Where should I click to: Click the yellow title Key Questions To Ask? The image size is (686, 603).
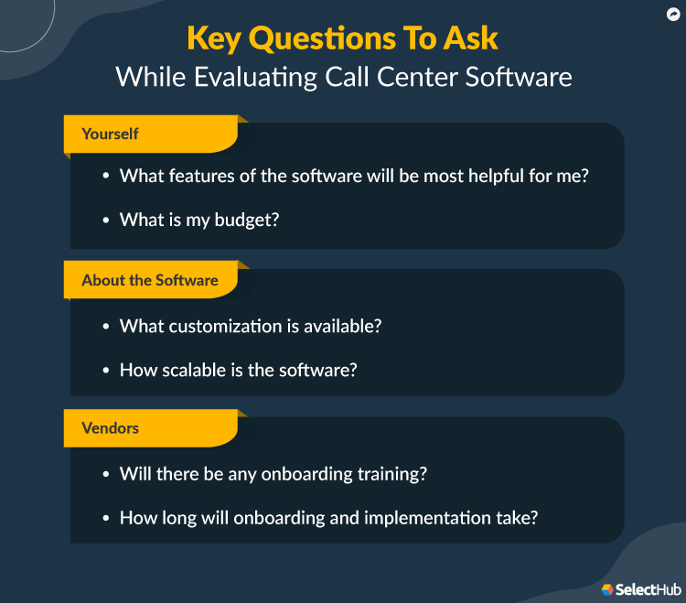tap(343, 38)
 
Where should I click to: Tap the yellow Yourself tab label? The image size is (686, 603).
tap(110, 134)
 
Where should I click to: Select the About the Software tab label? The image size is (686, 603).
tap(150, 280)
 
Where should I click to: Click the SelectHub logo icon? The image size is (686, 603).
tap(607, 589)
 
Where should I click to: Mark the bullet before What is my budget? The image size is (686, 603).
tap(105, 221)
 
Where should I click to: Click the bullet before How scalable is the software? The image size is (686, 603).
tap(105, 371)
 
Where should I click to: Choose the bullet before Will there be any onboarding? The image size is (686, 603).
tap(105, 475)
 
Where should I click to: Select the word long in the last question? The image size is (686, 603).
tap(177, 518)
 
